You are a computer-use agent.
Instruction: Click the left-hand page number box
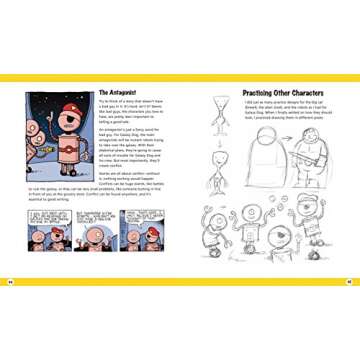(x=8, y=279)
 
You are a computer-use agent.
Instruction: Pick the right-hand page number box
(x=352, y=279)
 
